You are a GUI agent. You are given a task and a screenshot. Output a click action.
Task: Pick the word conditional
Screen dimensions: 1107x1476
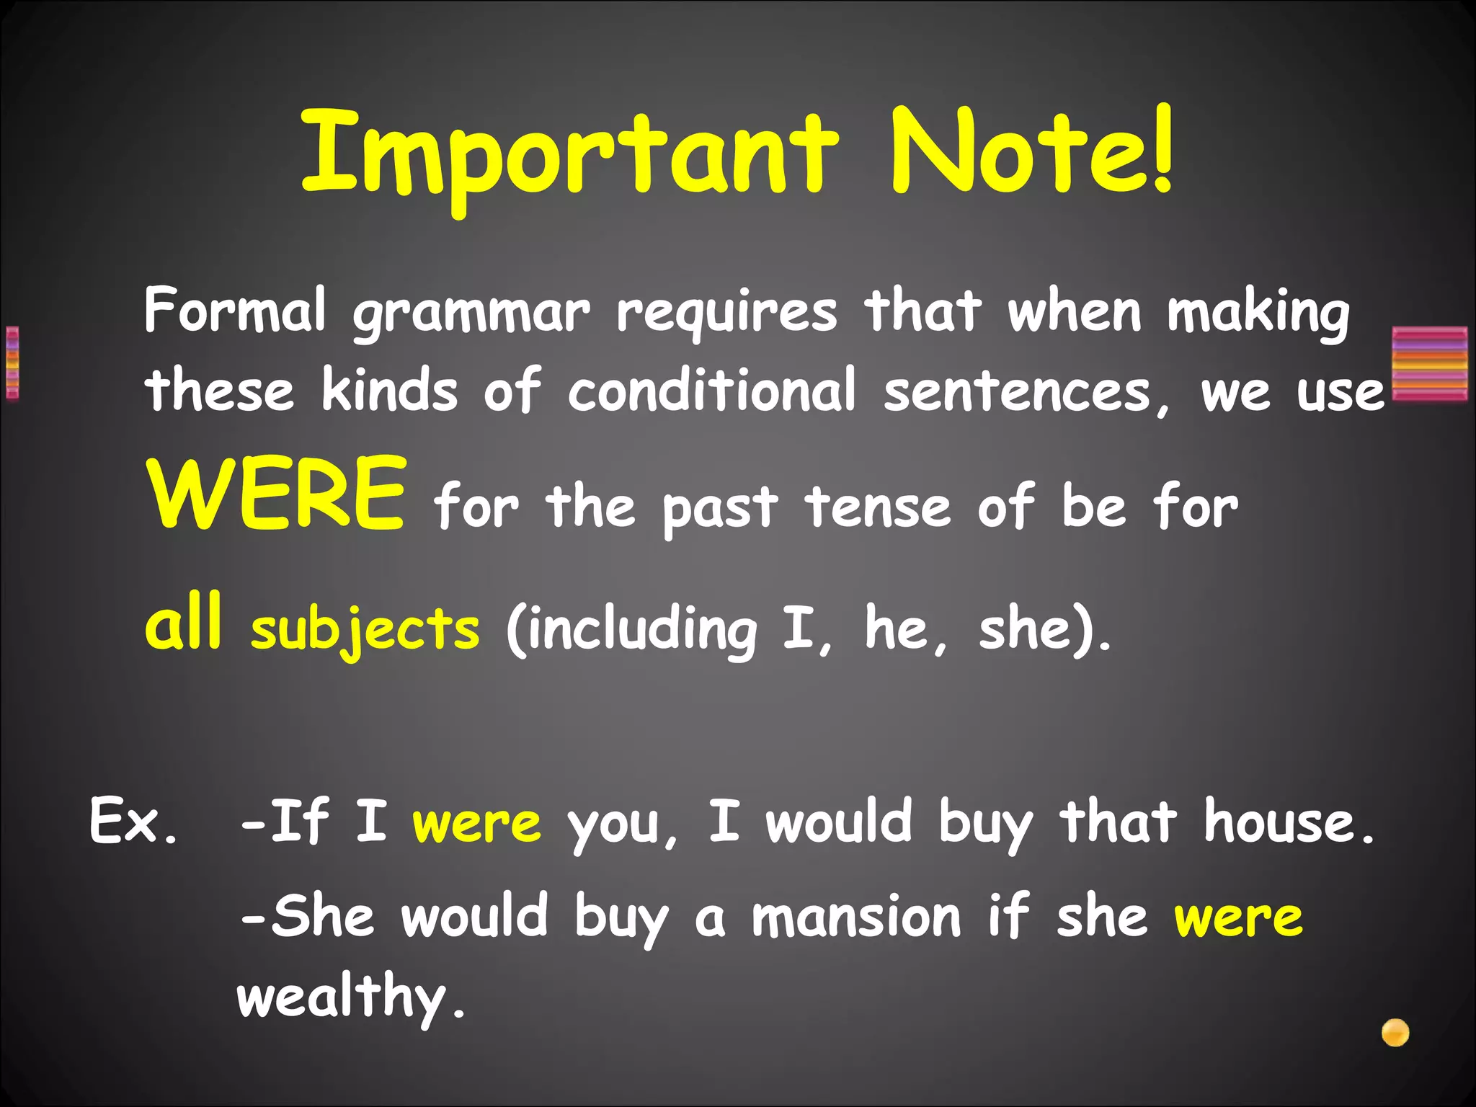coord(712,390)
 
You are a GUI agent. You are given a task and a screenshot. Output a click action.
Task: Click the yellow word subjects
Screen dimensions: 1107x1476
coord(365,628)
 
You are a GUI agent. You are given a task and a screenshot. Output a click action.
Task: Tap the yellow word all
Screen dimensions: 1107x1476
coord(183,621)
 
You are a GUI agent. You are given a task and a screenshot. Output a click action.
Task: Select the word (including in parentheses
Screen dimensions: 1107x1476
coord(631,628)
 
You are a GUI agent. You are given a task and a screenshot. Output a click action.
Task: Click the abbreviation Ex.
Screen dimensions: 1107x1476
coord(133,822)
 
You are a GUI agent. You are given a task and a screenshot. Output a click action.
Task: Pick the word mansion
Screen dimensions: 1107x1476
coord(856,917)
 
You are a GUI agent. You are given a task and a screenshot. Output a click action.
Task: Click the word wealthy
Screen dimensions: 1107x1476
coord(350,997)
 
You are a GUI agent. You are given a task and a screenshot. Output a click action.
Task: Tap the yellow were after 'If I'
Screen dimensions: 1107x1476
coord(476,823)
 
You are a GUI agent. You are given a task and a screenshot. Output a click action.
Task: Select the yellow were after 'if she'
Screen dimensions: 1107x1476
coord(1238,918)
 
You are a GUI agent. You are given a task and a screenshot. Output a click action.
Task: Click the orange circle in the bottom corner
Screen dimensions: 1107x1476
coord(1395,1033)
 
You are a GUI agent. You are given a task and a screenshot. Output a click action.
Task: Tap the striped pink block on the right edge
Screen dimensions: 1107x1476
coord(1430,363)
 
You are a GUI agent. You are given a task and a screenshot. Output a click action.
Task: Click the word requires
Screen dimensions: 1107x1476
coord(726,314)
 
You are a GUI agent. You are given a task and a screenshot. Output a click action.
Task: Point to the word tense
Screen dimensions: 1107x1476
coord(878,507)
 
